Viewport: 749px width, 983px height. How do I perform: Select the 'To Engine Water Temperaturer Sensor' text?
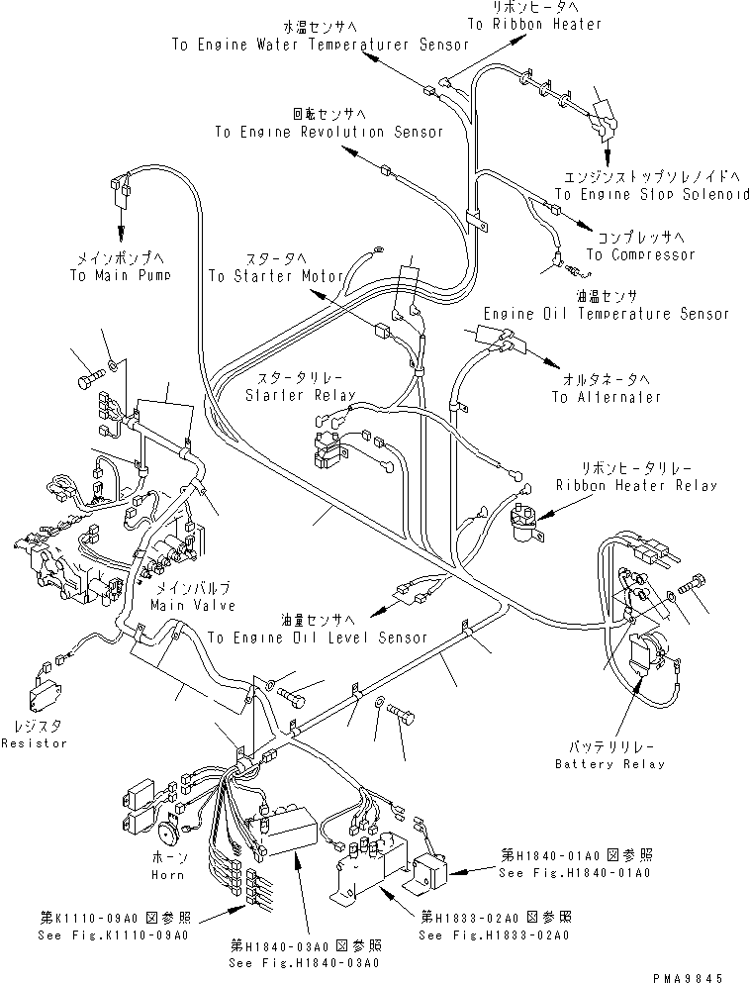307,45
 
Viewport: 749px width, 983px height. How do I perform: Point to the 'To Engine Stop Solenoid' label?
650,194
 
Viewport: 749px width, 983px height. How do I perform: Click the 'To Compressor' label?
640,254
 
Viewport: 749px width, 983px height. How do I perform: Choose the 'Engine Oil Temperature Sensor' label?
605,313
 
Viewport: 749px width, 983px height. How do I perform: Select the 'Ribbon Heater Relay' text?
636,485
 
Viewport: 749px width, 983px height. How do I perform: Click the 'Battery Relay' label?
609,763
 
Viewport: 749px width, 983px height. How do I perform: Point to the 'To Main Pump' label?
114,275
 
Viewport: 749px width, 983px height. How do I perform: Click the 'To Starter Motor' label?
264,275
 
